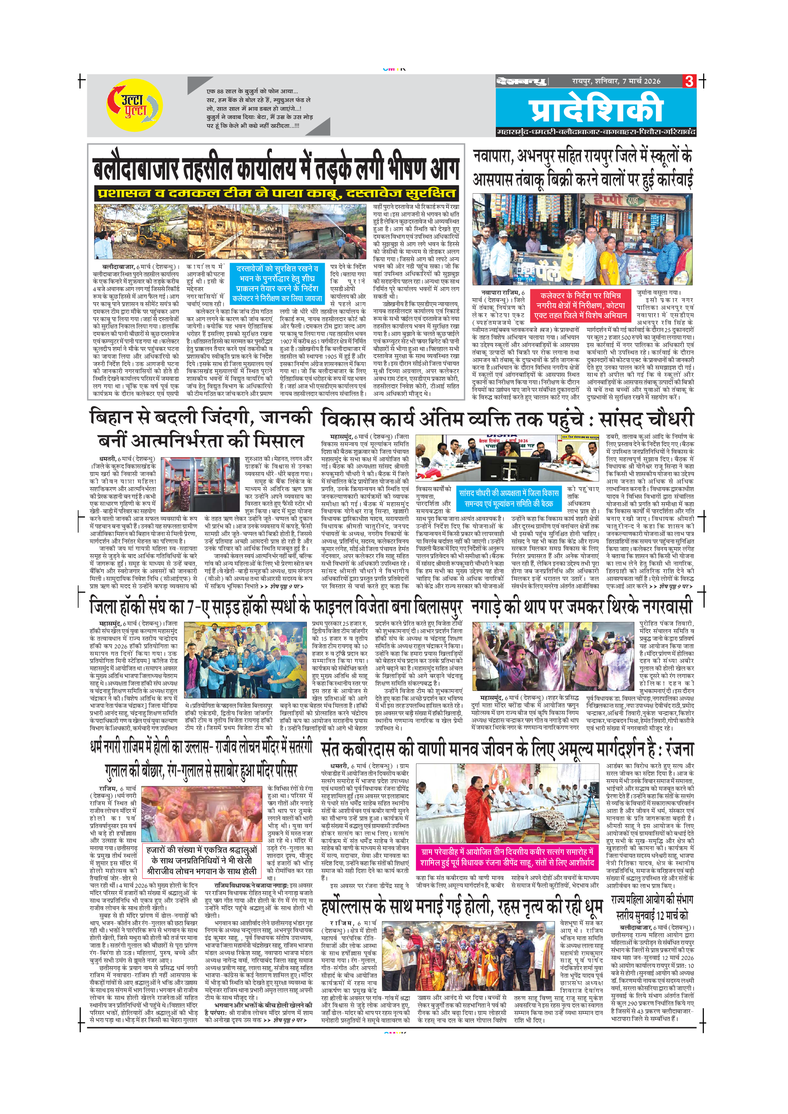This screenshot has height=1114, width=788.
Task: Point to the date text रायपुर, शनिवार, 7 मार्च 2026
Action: tap(616, 81)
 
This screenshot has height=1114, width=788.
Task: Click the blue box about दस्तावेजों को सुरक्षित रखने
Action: tap(277, 283)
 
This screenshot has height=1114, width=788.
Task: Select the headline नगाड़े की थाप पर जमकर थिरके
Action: tap(581, 607)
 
